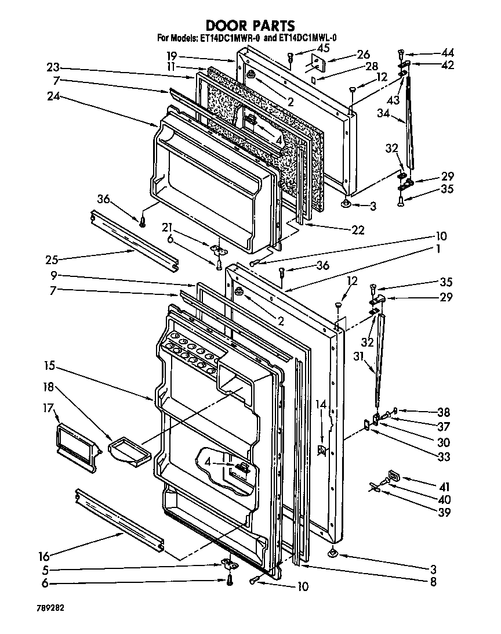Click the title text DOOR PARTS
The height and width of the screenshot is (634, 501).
[251, 25]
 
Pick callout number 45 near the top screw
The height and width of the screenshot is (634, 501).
[307, 48]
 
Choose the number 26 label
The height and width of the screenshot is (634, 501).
[363, 55]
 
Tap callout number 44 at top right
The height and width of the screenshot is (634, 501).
[447, 53]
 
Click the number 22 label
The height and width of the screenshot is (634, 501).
[358, 230]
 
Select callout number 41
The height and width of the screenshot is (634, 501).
[443, 486]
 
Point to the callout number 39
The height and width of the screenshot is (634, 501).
[443, 513]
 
